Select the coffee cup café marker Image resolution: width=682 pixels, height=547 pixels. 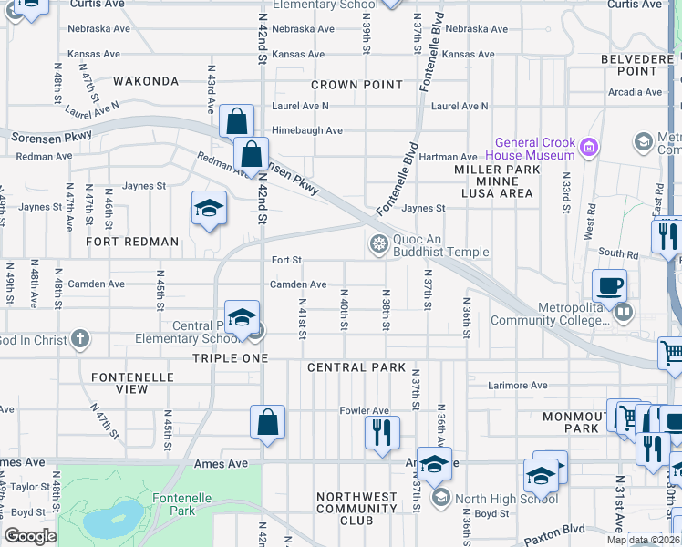pos(609,285)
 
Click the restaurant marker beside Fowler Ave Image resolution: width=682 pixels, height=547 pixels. pos(382,431)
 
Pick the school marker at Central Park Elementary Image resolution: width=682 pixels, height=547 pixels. pos(242,317)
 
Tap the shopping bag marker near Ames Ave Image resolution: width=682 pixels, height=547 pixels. pos(267,422)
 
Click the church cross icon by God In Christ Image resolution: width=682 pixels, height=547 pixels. pos(80,339)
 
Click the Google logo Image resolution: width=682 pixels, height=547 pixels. pos(30,536)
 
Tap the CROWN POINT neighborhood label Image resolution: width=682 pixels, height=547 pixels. pos(356,85)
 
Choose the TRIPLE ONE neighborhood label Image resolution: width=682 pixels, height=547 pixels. pos(230,358)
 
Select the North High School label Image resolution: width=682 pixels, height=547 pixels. pos(506,498)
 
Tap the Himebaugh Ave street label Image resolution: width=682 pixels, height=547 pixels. pos(307,130)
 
